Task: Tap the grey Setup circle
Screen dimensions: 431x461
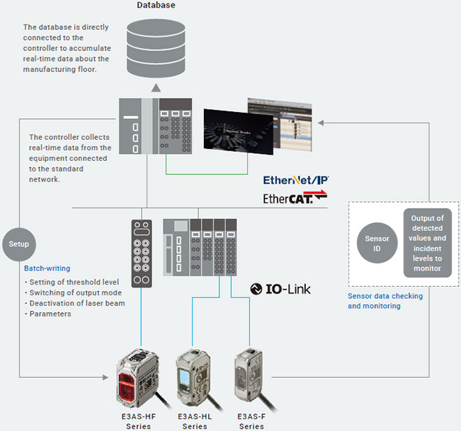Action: (x=20, y=244)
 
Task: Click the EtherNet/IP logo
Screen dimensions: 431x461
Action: (x=295, y=181)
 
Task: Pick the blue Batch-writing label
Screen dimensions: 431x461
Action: (x=48, y=268)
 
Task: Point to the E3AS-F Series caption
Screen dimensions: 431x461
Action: (x=251, y=421)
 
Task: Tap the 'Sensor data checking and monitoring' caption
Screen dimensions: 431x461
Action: (x=383, y=301)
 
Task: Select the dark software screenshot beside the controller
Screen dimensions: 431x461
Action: (x=232, y=130)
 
